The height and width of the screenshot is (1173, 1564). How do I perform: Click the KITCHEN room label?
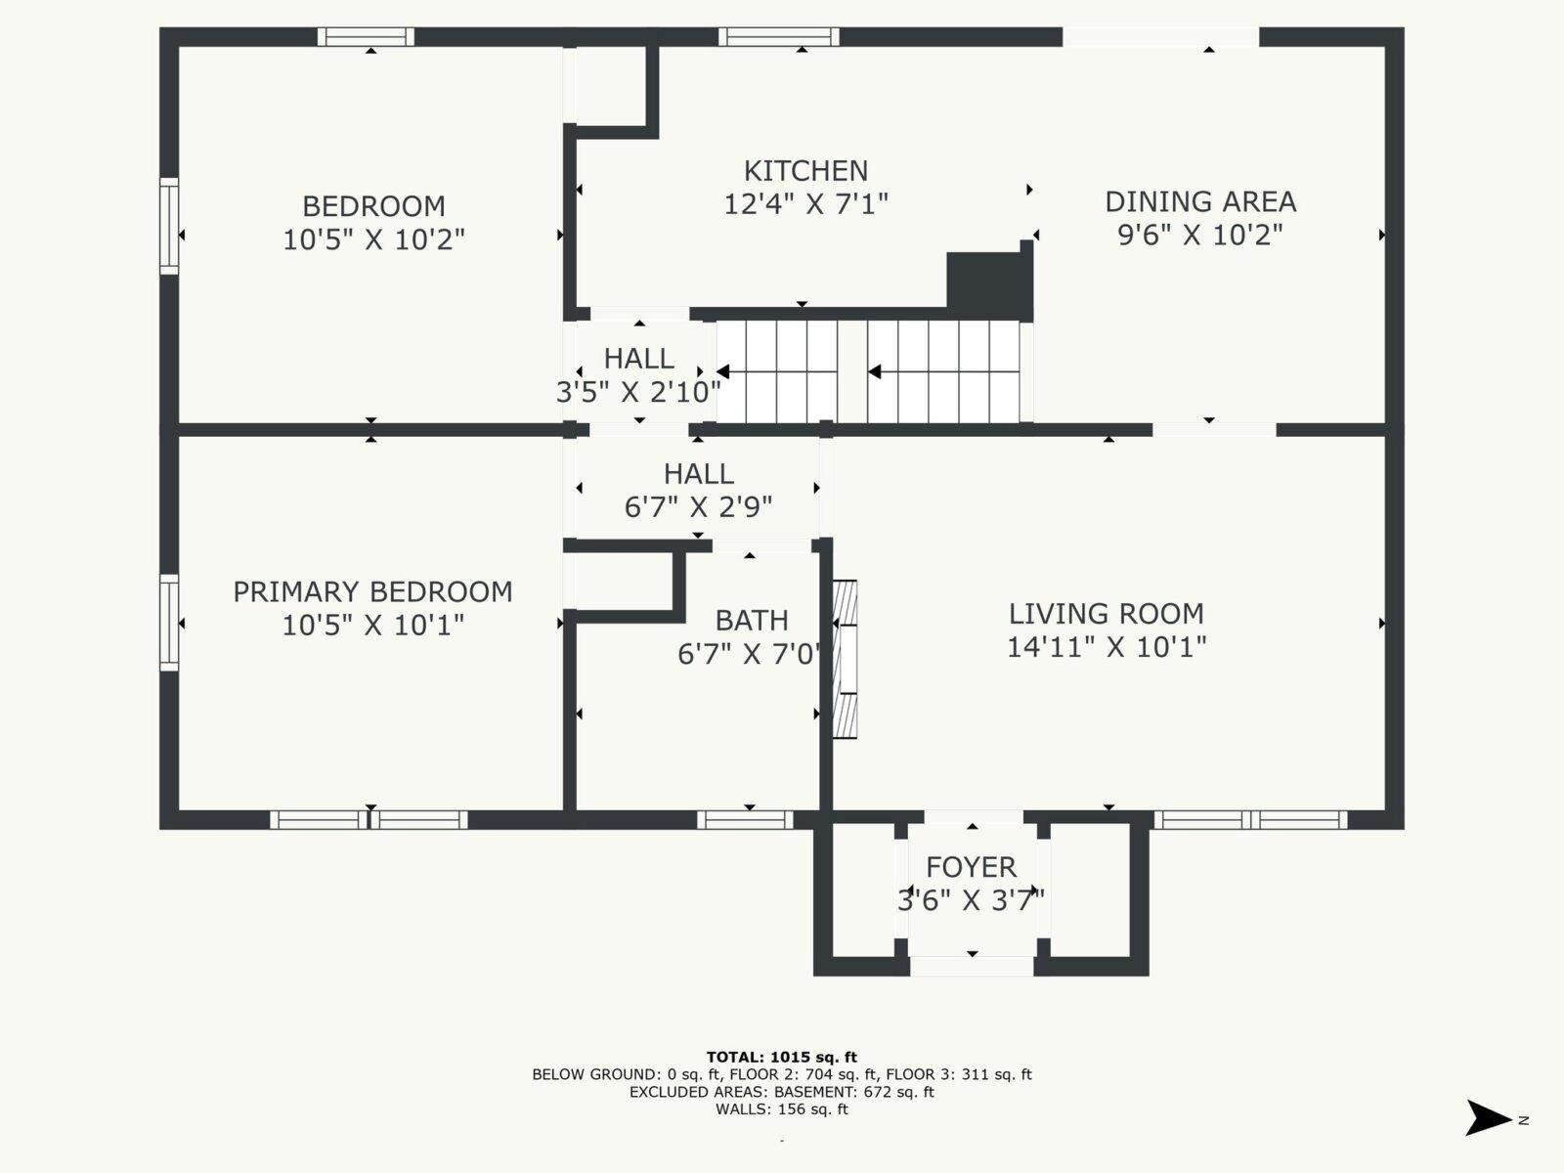click(x=805, y=172)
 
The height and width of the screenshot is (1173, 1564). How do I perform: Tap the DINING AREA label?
click(x=1200, y=202)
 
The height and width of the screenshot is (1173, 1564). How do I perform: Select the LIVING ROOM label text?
click(x=1106, y=614)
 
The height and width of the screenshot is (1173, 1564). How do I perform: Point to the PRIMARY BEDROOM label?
click(x=372, y=591)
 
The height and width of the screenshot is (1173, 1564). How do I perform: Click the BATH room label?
click(x=752, y=621)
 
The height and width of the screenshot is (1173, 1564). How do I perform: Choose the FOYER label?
click(x=972, y=867)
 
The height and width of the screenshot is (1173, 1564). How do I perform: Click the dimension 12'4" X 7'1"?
click(x=805, y=204)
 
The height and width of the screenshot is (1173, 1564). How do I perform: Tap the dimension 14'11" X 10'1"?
click(x=1106, y=647)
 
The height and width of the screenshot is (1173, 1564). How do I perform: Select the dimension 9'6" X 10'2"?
click(x=1200, y=235)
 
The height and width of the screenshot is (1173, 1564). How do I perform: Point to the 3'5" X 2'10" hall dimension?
click(x=638, y=392)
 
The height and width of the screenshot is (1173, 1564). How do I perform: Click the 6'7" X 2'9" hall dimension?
click(x=698, y=507)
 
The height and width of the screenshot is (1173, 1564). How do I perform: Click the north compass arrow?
click(x=1488, y=1118)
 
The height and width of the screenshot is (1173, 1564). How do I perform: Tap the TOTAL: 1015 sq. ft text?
click(x=782, y=1057)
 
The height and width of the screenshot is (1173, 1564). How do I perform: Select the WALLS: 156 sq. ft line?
click(x=782, y=1108)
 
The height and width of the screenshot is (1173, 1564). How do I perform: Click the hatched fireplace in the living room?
click(x=846, y=659)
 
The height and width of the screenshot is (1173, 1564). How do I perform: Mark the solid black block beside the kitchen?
click(x=989, y=281)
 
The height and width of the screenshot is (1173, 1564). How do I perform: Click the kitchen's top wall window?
click(x=779, y=36)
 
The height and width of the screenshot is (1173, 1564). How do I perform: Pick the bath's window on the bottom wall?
click(x=745, y=820)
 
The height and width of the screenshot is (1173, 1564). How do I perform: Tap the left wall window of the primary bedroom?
click(x=169, y=623)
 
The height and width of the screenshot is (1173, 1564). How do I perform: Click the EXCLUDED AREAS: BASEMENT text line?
click(x=782, y=1092)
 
